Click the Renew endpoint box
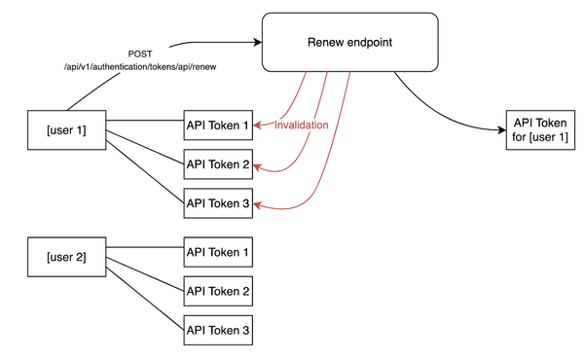pyautogui.click(x=349, y=42)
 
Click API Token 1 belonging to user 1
pyautogui.click(x=218, y=126)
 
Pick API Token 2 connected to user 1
pyautogui.click(x=218, y=164)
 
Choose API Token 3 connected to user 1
pyautogui.click(x=218, y=203)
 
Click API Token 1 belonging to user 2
pyautogui.click(x=218, y=253)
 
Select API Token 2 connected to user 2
pyautogui.click(x=218, y=291)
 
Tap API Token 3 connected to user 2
pyautogui.click(x=218, y=331)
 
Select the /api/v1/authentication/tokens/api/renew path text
pyautogui.click(x=140, y=66)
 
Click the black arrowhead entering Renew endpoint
pyautogui.click(x=258, y=43)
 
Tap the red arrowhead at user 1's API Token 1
pyautogui.click(x=257, y=126)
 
